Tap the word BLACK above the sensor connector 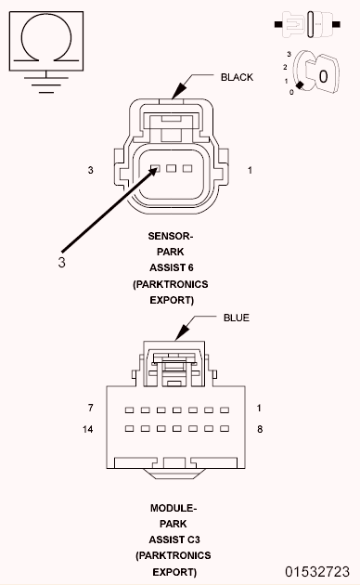[237, 77]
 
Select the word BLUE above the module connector [237, 318]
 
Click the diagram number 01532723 [316, 570]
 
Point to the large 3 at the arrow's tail [61, 262]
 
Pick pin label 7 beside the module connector [90, 409]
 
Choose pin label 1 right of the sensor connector [250, 170]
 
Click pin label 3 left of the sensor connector [90, 170]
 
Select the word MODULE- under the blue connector [173, 508]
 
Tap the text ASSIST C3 [173, 539]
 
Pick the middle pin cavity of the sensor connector [172, 168]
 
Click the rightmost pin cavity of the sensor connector [187, 168]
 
